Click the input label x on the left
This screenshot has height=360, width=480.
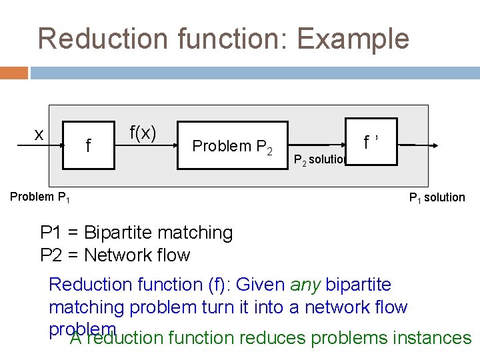click(x=40, y=134)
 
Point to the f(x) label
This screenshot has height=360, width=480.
click(x=143, y=133)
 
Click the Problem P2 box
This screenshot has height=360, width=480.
click(x=232, y=145)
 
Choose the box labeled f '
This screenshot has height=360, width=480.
click(x=372, y=141)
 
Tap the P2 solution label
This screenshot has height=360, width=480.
click(x=319, y=159)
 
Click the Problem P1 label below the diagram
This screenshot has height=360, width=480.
click(x=41, y=197)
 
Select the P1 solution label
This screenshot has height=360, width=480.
click(x=437, y=197)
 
